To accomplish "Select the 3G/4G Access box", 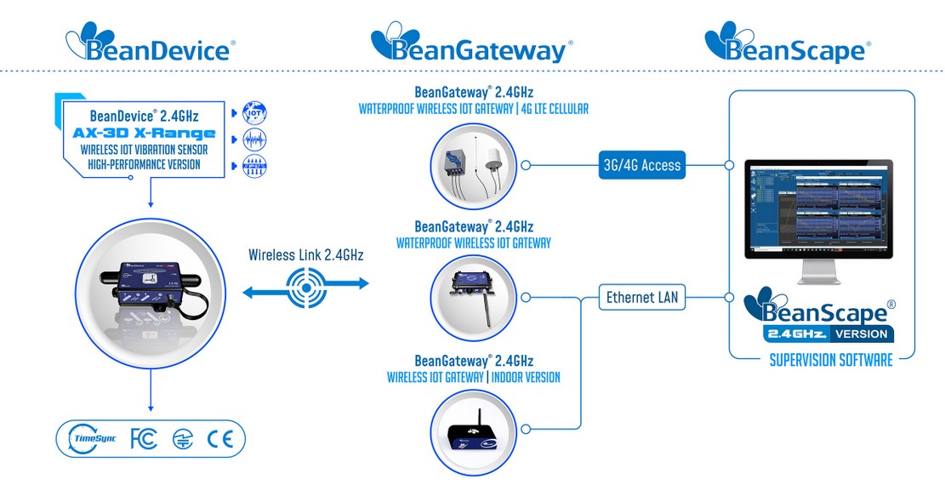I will pyautogui.click(x=638, y=165).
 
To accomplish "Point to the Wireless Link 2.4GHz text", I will pyautogui.click(x=305, y=254).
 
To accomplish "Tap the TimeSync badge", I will pyautogui.click(x=90, y=439).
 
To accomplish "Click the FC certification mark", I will pyautogui.click(x=144, y=439).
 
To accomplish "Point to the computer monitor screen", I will pyautogui.click(x=817, y=207).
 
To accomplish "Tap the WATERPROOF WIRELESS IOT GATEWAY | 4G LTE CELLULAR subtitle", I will pyautogui.click(x=473, y=109).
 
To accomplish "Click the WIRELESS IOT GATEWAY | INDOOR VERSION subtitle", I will pyautogui.click(x=473, y=377).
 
